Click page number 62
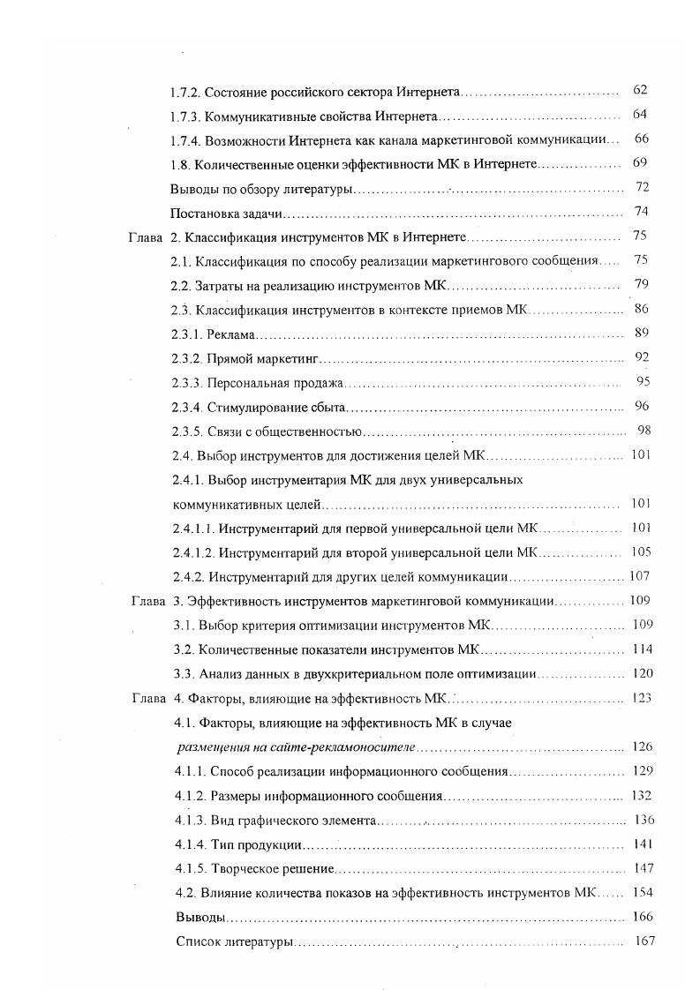click(x=640, y=90)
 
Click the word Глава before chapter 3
click(x=147, y=601)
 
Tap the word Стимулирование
click(x=257, y=407)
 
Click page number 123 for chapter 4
click(x=642, y=698)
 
